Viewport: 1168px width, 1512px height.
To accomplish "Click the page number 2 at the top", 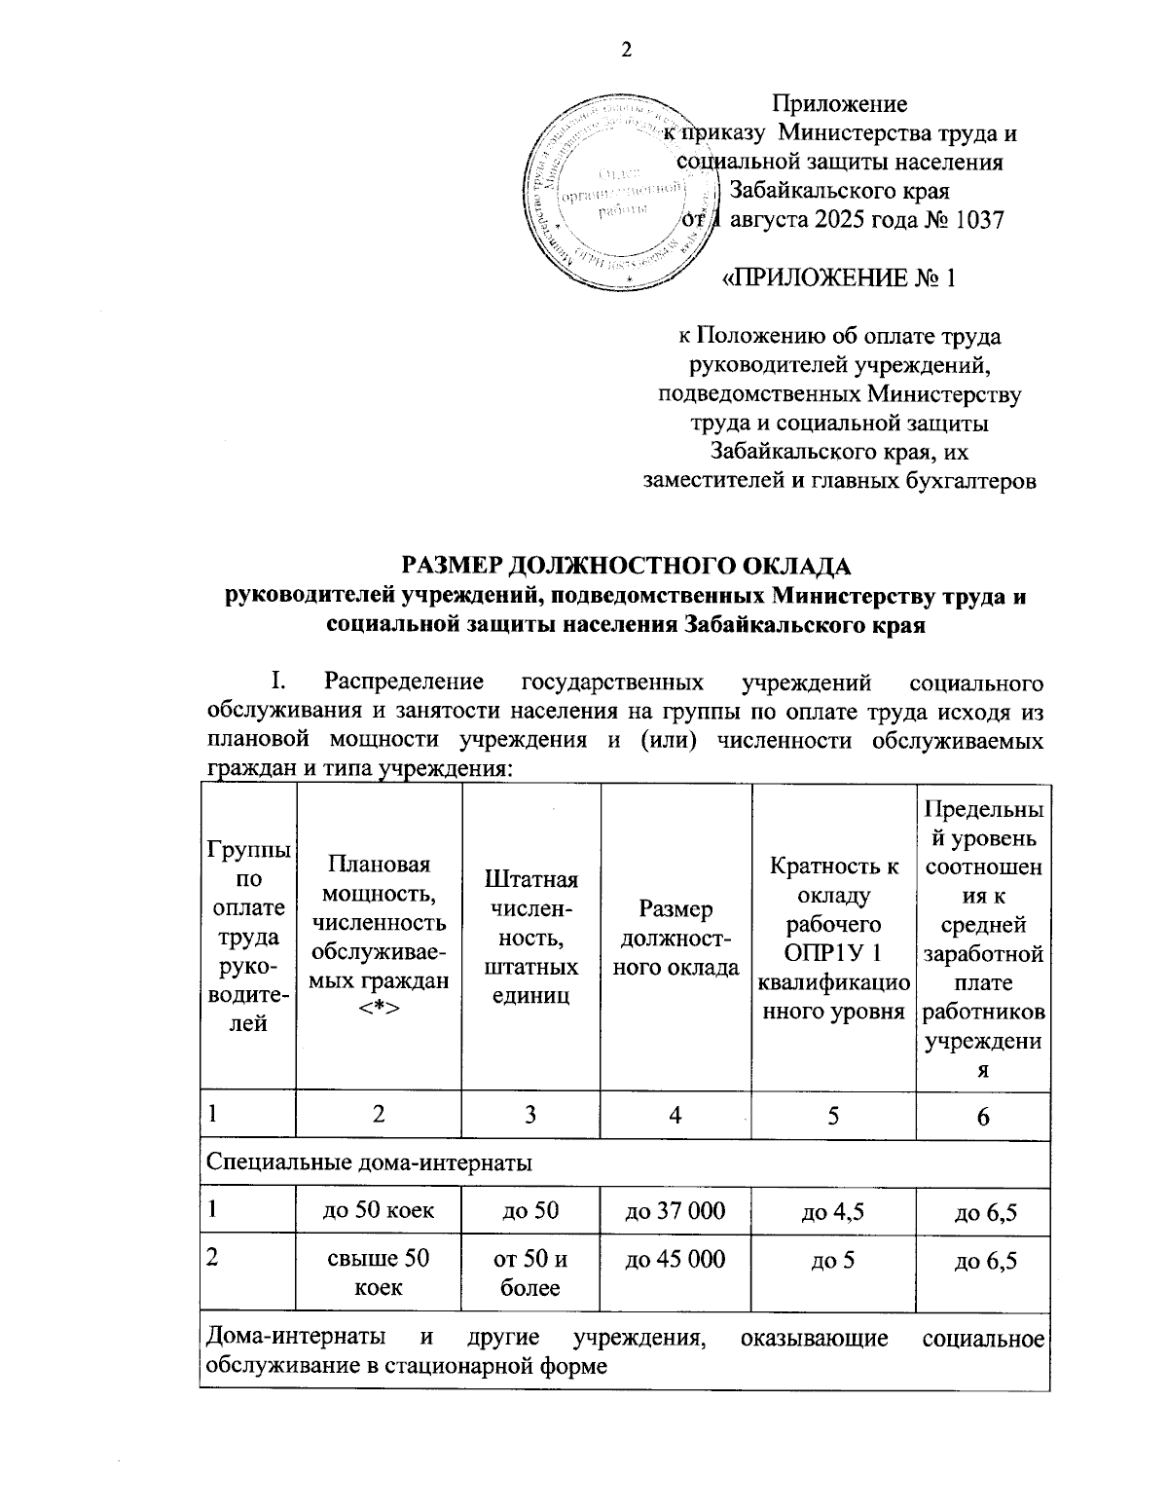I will pyautogui.click(x=627, y=51).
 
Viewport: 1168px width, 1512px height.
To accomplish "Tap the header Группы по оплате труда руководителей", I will pyautogui.click(x=247, y=938).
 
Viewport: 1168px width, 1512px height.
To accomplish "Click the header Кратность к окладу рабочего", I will pyautogui.click(x=833, y=938).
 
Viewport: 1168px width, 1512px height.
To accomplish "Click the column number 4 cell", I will pyautogui.click(x=675, y=1116).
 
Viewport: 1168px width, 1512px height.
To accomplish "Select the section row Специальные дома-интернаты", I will pyautogui.click(x=369, y=1162).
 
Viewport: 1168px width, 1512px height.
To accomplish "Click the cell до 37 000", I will pyautogui.click(x=675, y=1211).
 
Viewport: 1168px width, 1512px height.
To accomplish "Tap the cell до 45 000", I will pyautogui.click(x=675, y=1259).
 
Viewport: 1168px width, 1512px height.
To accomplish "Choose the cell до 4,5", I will pyautogui.click(x=833, y=1212).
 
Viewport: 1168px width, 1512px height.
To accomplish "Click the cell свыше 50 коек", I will pyautogui.click(x=378, y=1272).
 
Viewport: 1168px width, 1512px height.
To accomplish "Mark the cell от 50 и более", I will pyautogui.click(x=531, y=1272).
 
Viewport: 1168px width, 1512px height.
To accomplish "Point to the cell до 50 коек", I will pyautogui.click(x=378, y=1211).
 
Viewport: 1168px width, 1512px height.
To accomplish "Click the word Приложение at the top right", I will pyautogui.click(x=839, y=103).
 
